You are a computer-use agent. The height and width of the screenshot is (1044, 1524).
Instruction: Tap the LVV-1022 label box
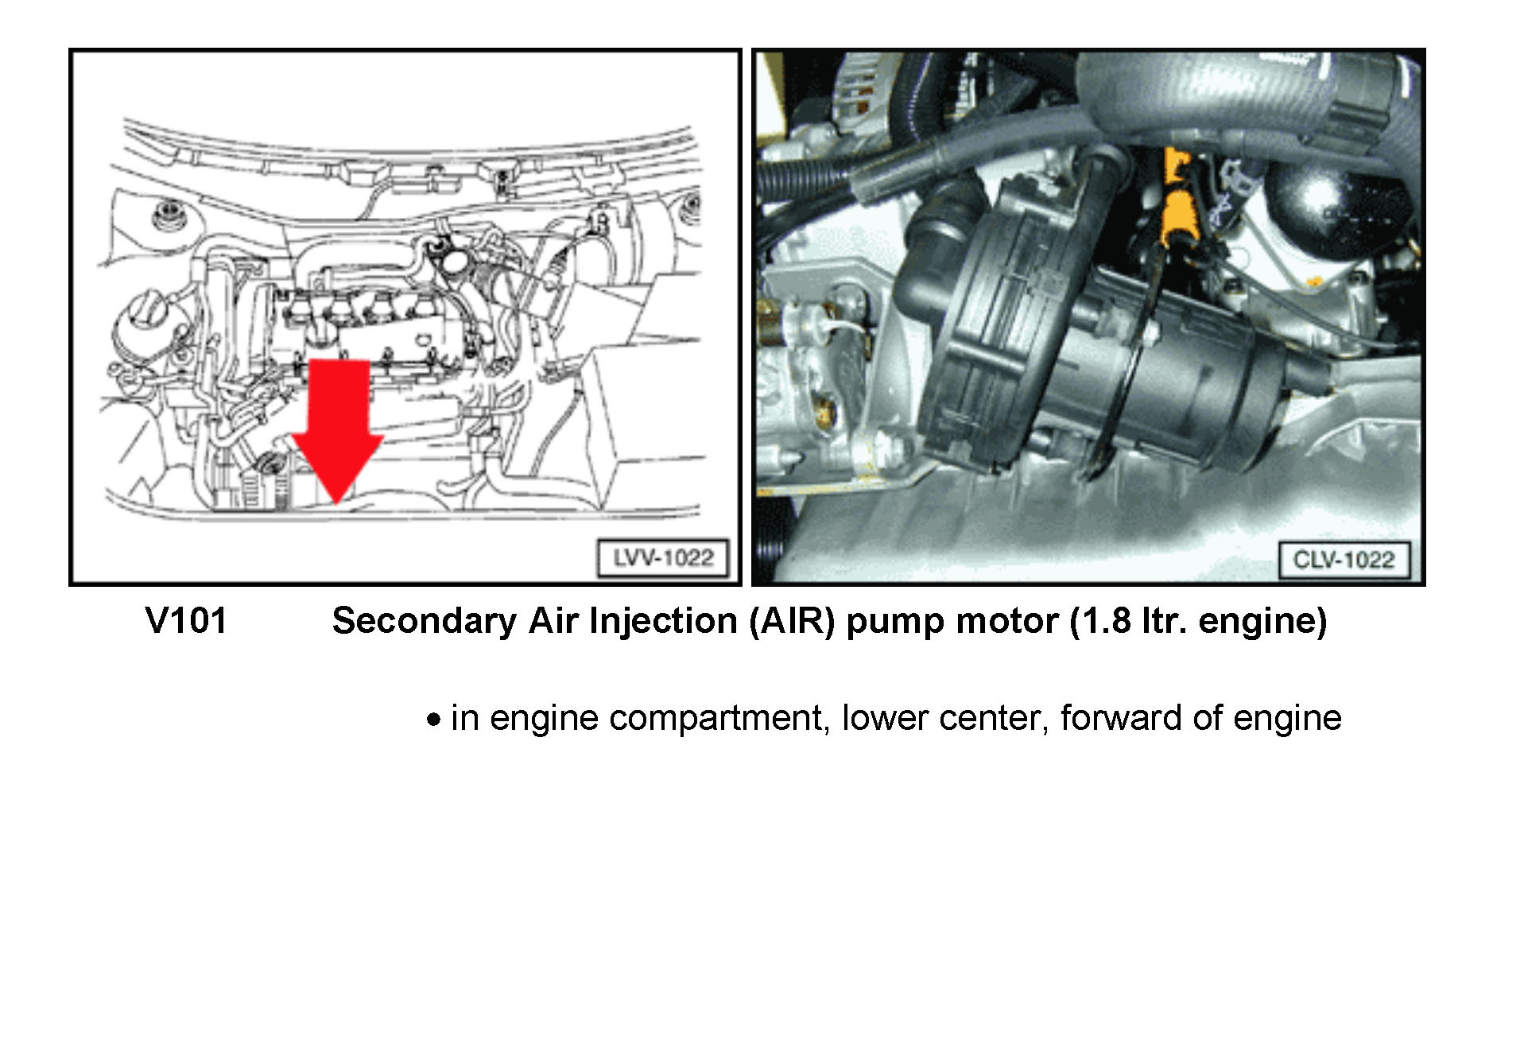(662, 558)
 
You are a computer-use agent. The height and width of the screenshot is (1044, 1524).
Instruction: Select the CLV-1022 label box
(1344, 560)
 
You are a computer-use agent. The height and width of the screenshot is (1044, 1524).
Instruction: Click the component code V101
(186, 620)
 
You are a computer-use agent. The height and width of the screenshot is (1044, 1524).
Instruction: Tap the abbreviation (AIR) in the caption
(792, 621)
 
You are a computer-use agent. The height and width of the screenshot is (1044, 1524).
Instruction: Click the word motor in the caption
(1007, 621)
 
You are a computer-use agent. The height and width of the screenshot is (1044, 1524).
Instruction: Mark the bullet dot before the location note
(433, 720)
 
